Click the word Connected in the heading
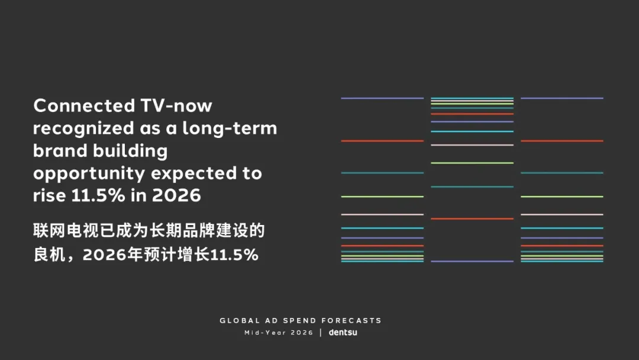pyautogui.click(x=84, y=105)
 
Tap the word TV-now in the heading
pyautogui.click(x=176, y=105)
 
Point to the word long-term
pyautogui.click(x=230, y=128)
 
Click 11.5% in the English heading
pyautogui.click(x=98, y=195)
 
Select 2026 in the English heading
pyautogui.click(x=176, y=195)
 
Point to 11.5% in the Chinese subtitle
pyautogui.click(x=234, y=255)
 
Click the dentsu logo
pyautogui.click(x=343, y=332)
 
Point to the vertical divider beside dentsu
pyautogui.click(x=321, y=333)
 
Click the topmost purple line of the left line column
pyautogui.click(x=382, y=98)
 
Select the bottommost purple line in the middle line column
pyautogui.click(x=472, y=261)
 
